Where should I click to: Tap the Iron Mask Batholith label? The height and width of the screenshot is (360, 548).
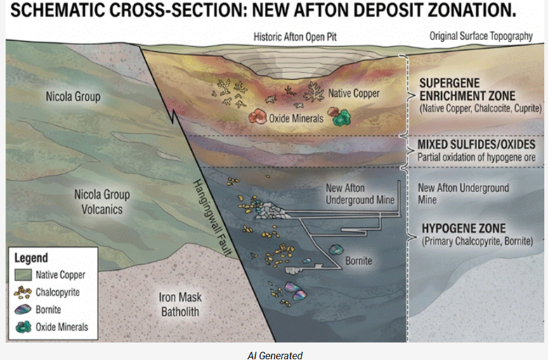(180, 304)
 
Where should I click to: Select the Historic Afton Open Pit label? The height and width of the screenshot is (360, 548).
(295, 37)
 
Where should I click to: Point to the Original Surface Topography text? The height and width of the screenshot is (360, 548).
(481, 36)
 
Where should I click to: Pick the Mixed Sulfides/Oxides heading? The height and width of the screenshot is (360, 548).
(476, 144)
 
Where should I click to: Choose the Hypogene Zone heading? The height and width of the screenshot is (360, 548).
(464, 229)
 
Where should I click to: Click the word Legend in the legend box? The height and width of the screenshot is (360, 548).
(31, 258)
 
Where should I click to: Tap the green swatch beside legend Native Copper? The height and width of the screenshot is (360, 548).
(23, 275)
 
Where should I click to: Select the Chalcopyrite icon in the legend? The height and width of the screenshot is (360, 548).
(22, 292)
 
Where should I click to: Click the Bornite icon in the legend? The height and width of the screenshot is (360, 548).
(23, 309)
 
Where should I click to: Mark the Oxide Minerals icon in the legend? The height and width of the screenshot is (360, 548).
(23, 327)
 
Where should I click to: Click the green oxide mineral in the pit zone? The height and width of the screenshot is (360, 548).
(342, 117)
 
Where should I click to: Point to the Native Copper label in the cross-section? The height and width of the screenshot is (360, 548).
(353, 94)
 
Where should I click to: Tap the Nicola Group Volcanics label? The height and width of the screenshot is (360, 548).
(102, 202)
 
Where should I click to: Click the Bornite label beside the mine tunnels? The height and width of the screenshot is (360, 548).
(358, 261)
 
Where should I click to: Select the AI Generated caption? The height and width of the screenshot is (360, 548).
(275, 356)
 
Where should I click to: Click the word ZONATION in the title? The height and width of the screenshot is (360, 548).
(474, 11)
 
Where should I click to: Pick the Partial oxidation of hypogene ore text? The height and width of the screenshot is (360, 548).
(476, 157)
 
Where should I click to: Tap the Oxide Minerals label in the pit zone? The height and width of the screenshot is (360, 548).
(296, 119)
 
